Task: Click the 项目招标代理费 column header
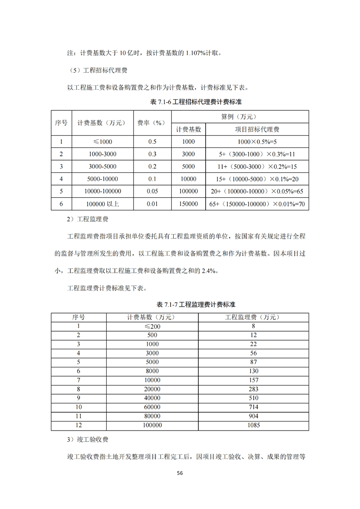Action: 257,129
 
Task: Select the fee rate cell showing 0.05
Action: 152,191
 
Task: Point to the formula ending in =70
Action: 257,204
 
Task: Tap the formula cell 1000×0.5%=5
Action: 257,142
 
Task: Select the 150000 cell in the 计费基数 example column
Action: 188,204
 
